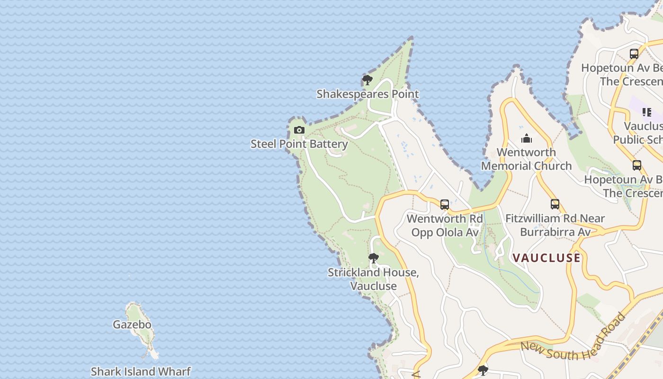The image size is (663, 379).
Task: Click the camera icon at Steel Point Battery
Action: [299, 130]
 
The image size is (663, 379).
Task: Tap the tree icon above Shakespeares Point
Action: [367, 80]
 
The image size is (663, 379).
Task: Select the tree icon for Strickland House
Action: [373, 258]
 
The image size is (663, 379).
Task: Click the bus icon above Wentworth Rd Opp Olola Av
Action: [444, 205]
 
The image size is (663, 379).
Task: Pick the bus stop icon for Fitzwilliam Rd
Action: [555, 204]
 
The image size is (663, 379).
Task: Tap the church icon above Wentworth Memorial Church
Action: [526, 139]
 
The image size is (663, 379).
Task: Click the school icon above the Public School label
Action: [646, 112]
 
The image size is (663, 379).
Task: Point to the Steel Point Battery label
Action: [299, 144]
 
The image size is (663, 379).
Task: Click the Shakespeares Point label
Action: [367, 94]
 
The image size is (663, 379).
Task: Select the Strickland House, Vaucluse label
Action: [373, 279]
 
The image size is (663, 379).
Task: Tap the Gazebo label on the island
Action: [132, 325]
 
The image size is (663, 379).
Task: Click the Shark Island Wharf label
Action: [141, 371]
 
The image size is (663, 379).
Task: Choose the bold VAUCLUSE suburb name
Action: [547, 258]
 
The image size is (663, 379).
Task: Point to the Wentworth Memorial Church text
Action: [526, 159]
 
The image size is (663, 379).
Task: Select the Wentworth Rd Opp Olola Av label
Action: [444, 226]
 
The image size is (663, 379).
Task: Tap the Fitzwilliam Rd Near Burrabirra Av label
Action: [555, 226]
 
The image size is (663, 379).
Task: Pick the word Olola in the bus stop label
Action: [453, 232]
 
